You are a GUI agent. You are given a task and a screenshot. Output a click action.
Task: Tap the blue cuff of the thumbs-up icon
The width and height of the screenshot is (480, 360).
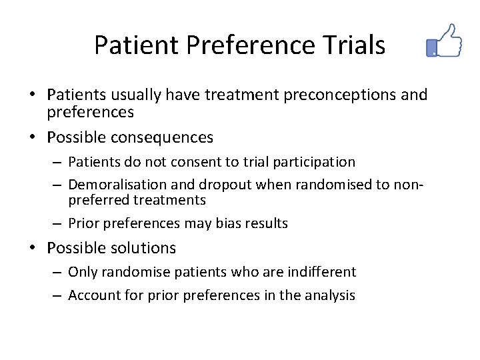(x=432, y=47)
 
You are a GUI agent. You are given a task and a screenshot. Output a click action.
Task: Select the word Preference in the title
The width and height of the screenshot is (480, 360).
(x=250, y=45)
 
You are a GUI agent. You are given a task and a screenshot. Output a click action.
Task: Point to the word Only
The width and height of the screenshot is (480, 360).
(x=81, y=272)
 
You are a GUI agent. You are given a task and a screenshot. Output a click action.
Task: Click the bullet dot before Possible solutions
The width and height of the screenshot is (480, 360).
(x=36, y=249)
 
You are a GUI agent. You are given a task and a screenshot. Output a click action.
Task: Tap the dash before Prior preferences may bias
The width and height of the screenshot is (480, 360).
(x=58, y=223)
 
